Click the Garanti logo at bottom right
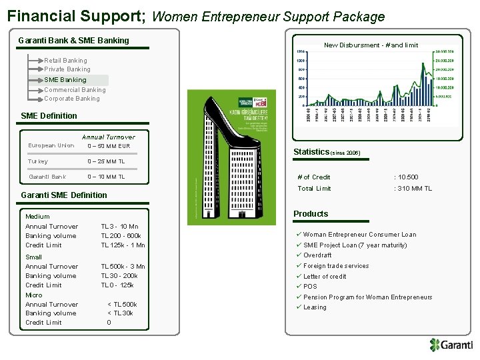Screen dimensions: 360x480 pyautogui.click(x=451, y=345)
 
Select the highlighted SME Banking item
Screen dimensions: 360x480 pyautogui.click(x=65, y=79)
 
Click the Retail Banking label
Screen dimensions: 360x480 pyautogui.click(x=65, y=60)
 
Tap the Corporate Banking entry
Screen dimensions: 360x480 pyautogui.click(x=72, y=99)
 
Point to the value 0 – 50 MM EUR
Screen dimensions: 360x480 pyautogui.click(x=109, y=146)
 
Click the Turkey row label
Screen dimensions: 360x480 pyautogui.click(x=38, y=161)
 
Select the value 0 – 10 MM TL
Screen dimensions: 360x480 pyautogui.click(x=106, y=177)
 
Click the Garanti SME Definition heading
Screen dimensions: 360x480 pyautogui.click(x=64, y=195)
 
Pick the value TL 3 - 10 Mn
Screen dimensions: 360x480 pyautogui.click(x=120, y=227)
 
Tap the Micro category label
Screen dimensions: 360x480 pyautogui.click(x=33, y=295)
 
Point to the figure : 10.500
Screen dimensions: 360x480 pyautogui.click(x=406, y=177)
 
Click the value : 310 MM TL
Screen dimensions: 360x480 pyautogui.click(x=413, y=189)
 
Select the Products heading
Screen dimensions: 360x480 pyautogui.click(x=311, y=214)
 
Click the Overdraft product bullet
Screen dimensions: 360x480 pyautogui.click(x=317, y=255)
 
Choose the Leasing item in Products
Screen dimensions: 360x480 pyautogui.click(x=315, y=307)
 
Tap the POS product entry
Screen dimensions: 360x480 pyautogui.click(x=310, y=287)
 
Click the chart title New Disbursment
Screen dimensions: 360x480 pyautogui.click(x=371, y=45)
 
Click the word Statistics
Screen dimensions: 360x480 pyautogui.click(x=311, y=152)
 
